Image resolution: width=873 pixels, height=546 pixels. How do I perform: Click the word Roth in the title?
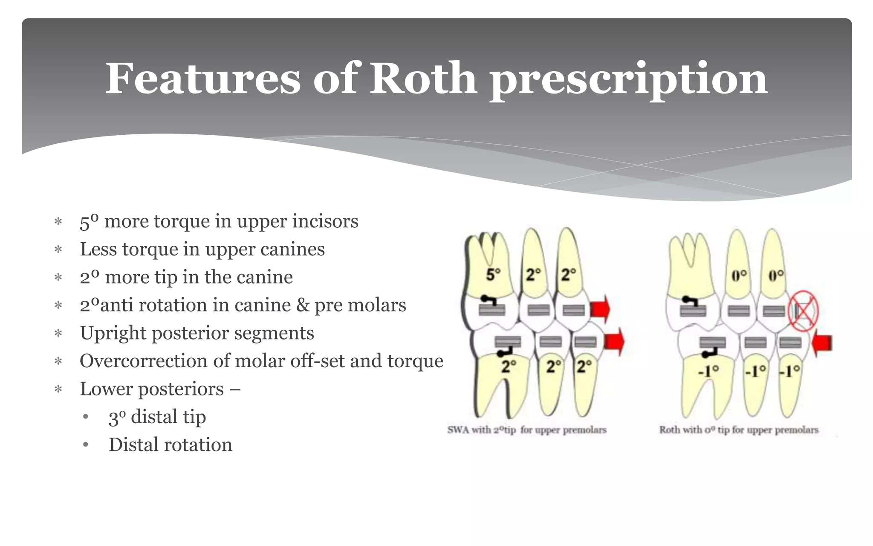click(423, 79)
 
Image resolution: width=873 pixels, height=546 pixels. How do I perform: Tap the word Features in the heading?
click(203, 79)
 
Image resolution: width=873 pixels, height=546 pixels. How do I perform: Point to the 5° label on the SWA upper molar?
click(493, 274)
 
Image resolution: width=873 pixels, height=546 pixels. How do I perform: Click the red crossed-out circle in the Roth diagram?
click(804, 311)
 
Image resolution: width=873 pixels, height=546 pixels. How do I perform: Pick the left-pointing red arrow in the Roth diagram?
click(821, 343)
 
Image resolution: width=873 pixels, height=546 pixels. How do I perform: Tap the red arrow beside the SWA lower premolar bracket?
click(614, 342)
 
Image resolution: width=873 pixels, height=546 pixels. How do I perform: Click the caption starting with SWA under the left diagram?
click(527, 430)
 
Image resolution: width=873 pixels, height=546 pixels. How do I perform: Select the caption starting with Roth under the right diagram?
click(739, 430)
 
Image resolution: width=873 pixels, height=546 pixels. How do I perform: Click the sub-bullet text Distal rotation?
click(171, 445)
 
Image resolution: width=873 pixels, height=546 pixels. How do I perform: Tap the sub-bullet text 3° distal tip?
click(157, 417)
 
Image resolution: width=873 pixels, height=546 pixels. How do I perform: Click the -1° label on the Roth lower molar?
click(708, 371)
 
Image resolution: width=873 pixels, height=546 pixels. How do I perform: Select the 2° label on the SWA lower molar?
click(509, 366)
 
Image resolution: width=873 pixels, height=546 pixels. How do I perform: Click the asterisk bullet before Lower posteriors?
click(58, 389)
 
